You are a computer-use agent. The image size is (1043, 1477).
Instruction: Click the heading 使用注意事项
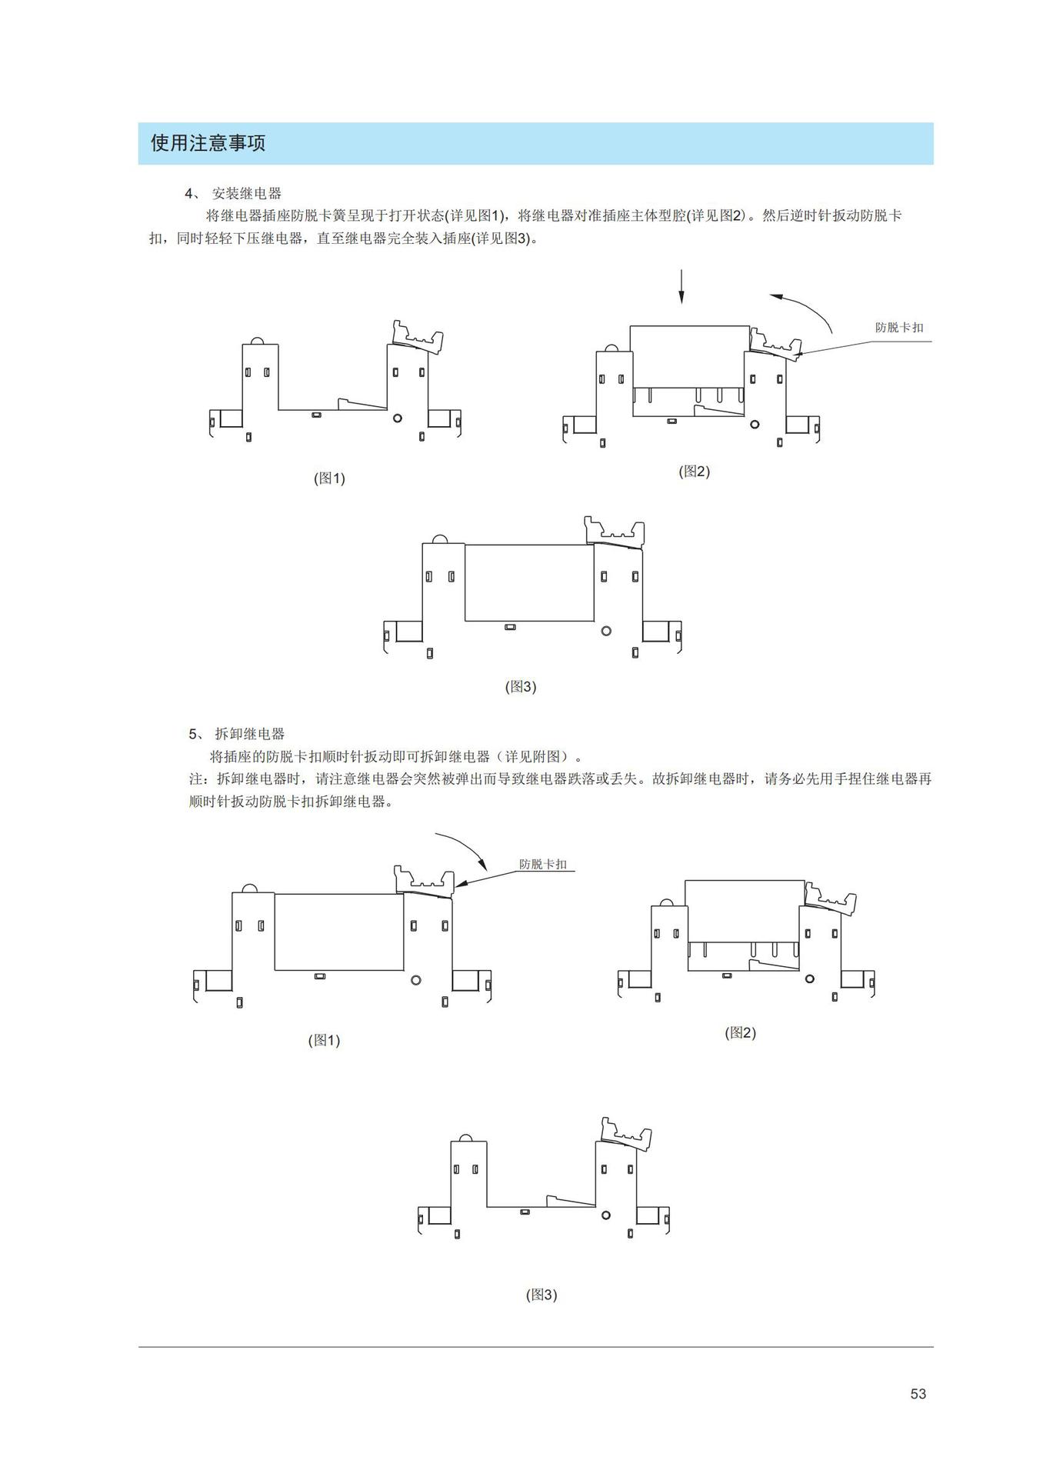[208, 143]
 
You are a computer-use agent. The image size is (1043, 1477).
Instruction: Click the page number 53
[918, 1394]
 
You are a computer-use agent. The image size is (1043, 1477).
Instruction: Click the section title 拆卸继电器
[249, 734]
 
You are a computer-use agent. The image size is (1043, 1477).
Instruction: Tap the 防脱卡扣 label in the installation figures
[898, 328]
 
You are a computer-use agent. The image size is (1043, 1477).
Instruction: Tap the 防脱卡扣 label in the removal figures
[542, 865]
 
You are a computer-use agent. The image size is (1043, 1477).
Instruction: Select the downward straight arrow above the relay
[681, 286]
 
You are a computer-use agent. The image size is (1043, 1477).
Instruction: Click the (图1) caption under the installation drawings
[329, 478]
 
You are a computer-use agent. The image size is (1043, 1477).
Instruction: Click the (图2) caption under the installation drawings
[694, 472]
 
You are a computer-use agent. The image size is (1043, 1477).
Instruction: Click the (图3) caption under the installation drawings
[520, 687]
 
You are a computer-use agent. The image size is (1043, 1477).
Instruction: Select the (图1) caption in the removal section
[324, 1041]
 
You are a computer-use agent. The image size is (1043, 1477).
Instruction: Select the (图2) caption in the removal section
[740, 1033]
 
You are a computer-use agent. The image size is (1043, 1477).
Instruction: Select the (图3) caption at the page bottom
[541, 1295]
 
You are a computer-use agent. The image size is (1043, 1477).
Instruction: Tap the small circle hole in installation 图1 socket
[398, 418]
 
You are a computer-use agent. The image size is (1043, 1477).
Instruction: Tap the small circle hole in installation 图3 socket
[606, 631]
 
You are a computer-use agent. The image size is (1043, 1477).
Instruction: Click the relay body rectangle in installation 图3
[529, 582]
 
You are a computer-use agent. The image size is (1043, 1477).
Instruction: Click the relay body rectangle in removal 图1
[338, 931]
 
